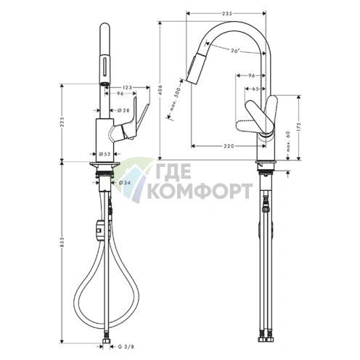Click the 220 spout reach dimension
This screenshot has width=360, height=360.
(228, 147)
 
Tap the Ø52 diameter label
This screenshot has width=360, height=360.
(104, 154)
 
